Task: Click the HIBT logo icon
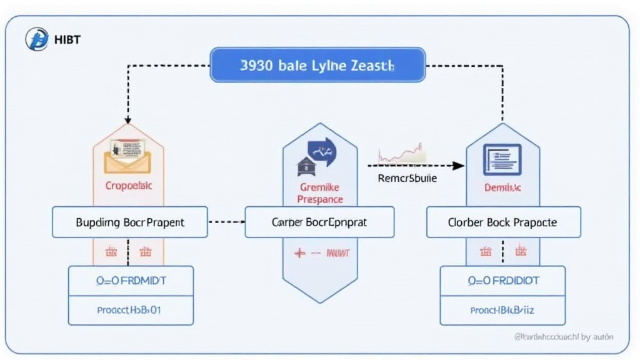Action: [36, 39]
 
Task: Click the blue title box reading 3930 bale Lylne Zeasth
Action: [317, 66]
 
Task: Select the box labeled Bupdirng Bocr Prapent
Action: [130, 222]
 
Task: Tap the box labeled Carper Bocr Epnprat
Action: [319, 222]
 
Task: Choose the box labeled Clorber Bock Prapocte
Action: [503, 222]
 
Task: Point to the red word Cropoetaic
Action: [129, 186]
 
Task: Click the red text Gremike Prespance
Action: [319, 193]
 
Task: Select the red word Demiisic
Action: [502, 187]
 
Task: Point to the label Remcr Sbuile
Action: [407, 178]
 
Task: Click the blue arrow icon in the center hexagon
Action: [322, 151]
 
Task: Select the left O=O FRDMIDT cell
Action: [131, 281]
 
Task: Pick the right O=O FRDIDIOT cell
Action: [502, 281]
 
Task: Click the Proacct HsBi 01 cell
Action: [131, 310]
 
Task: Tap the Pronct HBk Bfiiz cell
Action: [502, 310]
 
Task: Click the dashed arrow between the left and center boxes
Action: [226, 221]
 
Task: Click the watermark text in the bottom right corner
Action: [563, 337]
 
